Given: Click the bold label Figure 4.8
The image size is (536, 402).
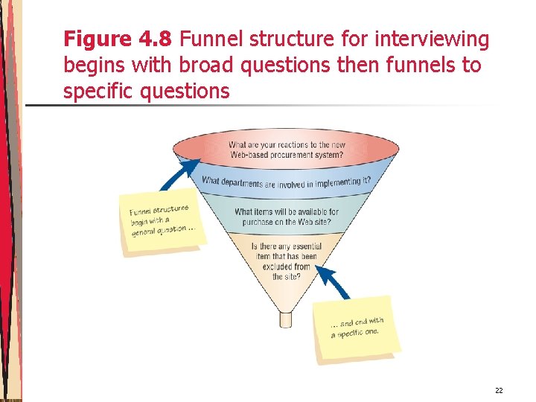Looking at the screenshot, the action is [119, 39].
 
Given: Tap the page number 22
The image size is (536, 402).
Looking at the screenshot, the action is [499, 390].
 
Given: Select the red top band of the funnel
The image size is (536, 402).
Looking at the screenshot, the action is [286, 150].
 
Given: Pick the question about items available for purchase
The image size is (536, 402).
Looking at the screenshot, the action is [286, 217].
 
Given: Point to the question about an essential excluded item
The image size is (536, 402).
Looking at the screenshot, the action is [285, 261].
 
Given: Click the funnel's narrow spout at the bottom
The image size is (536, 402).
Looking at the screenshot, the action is [286, 319].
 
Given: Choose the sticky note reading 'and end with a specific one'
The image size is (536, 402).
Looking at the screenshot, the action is [357, 328].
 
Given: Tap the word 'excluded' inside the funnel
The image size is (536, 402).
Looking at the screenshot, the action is [292, 267].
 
